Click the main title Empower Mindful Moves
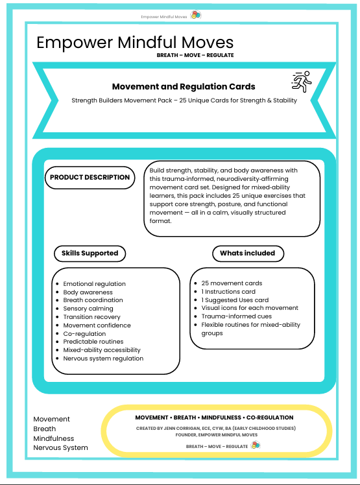tap(135, 43)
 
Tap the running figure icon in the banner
tap(301, 82)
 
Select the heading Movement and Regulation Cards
tap(184, 86)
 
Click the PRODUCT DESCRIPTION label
tap(90, 177)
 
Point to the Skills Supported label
tap(90, 253)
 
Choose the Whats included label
tap(247, 253)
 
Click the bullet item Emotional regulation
tap(94, 284)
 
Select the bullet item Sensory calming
tap(88, 309)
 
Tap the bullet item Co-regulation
tap(84, 334)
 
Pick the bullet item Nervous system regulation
tap(103, 359)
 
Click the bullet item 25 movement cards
tap(232, 283)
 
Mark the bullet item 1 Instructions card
tap(228, 292)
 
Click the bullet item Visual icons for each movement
tap(250, 308)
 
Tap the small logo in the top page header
tap(195, 15)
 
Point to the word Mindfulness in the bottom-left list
tap(54, 438)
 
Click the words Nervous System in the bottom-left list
tap(60, 448)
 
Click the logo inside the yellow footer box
tap(255, 445)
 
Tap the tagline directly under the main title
tap(195, 55)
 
